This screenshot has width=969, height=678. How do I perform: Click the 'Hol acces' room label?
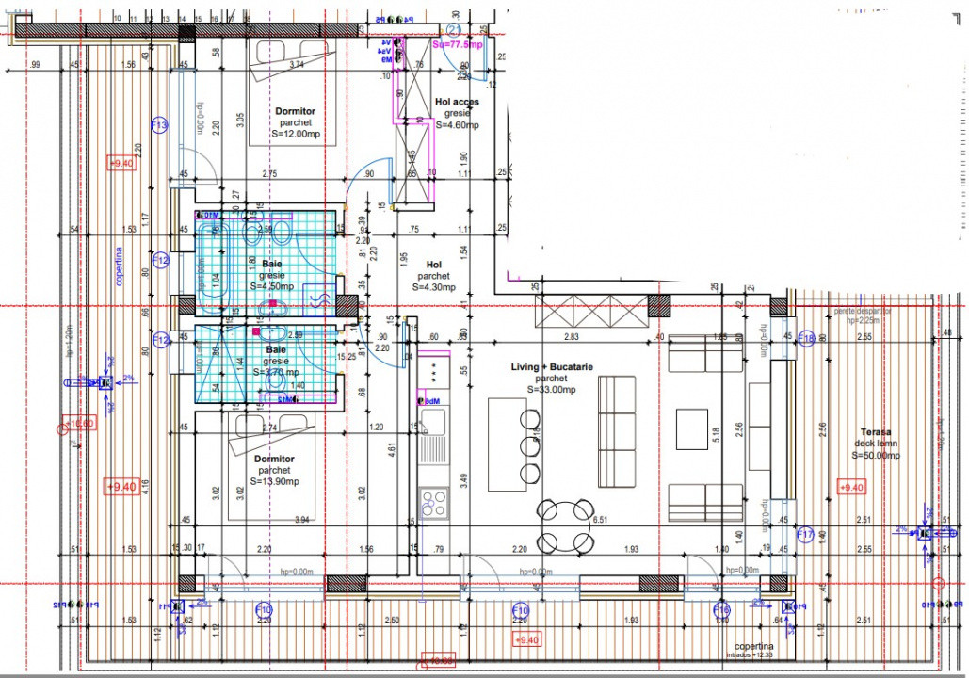pos(457,102)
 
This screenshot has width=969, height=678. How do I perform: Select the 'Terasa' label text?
pos(874,432)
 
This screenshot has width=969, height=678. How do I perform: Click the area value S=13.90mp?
pos(274,481)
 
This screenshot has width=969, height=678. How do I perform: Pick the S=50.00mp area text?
pos(875,456)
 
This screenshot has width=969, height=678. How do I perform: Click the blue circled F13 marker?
pos(159,125)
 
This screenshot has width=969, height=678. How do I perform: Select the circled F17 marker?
pos(805,535)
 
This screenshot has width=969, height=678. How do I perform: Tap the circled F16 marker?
pos(721,610)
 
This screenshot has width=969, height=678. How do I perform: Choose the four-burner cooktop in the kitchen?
pos(434,500)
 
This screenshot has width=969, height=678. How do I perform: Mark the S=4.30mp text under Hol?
pos(433,287)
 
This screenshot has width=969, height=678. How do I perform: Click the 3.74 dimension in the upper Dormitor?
pos(297,64)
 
